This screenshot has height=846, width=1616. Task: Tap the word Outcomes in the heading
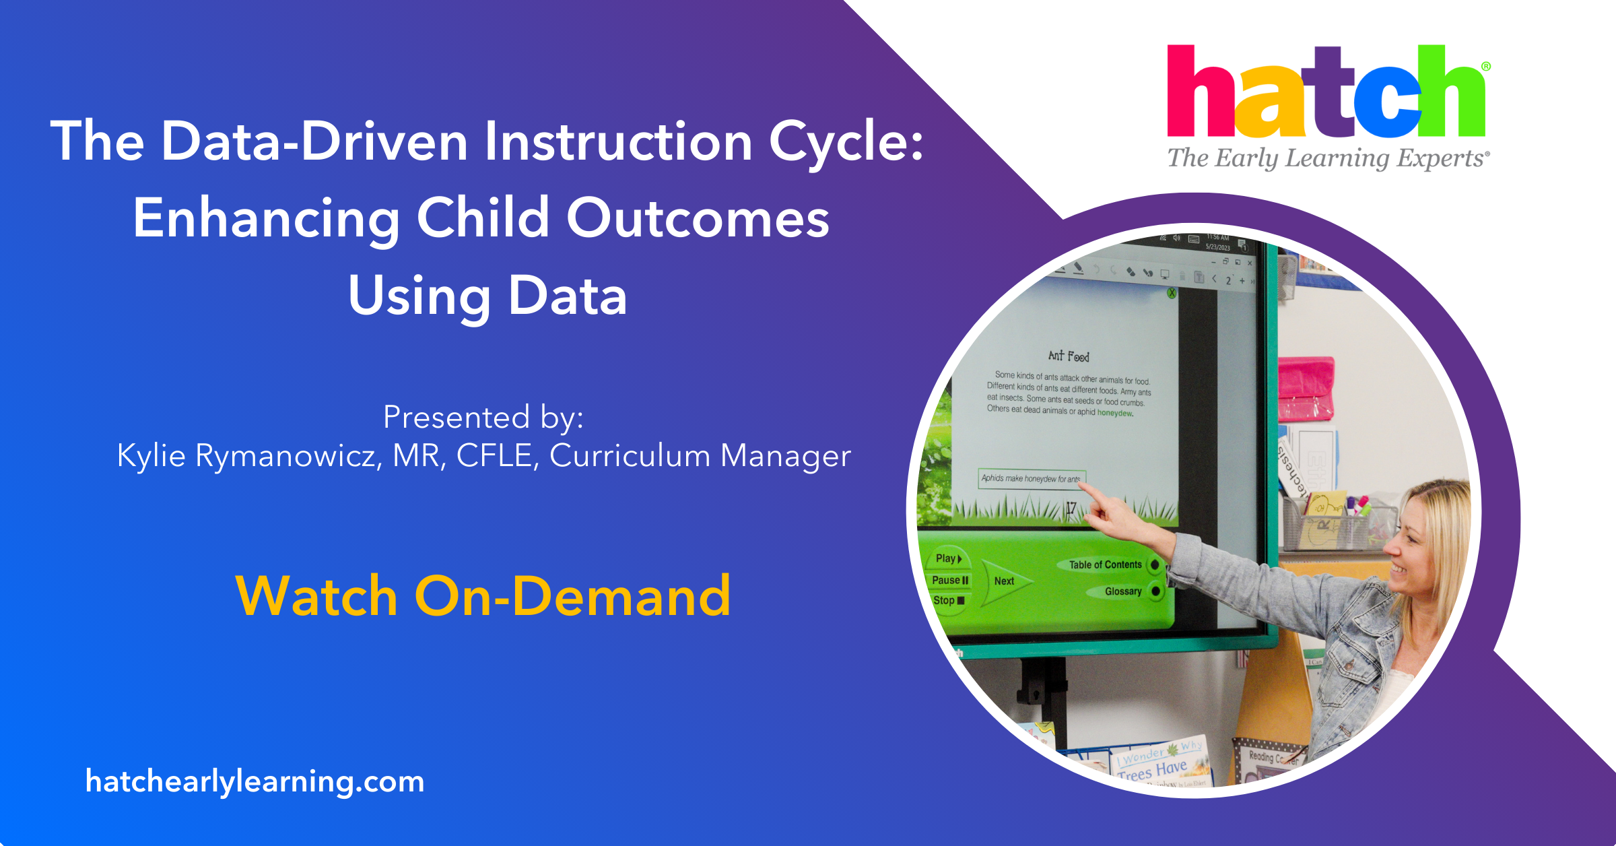coord(698,219)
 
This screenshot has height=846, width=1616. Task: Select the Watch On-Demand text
coord(483,597)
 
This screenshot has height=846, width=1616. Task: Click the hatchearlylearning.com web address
coord(255,781)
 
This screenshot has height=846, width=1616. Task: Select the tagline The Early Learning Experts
coord(1327,158)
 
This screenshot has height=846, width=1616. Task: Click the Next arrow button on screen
coord(1004,581)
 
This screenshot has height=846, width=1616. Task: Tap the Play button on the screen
coord(948,558)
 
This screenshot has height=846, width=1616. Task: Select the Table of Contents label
coord(1105,564)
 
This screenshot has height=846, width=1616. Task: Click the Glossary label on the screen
coord(1122,591)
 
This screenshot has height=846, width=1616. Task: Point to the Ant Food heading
coord(1069,356)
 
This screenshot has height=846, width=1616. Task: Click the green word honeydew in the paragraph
coord(1115,413)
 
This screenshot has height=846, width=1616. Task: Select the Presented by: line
coord(483,417)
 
